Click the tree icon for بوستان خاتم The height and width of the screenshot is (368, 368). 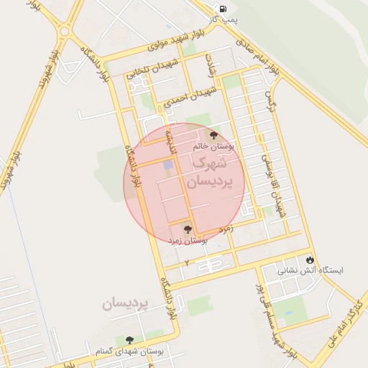click(213, 134)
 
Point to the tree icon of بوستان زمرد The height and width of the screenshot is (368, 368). click(188, 229)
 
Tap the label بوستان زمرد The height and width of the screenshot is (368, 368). click(188, 241)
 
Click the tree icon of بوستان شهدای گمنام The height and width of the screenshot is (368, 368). click(129, 339)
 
